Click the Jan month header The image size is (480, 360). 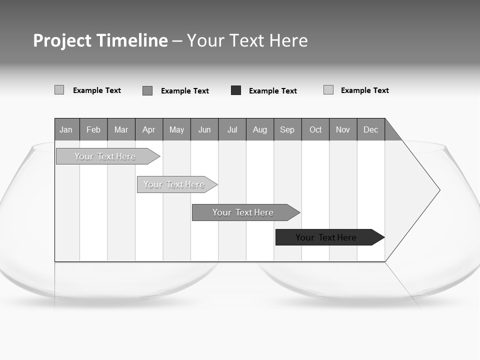pos(66,129)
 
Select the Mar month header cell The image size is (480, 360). pos(121,129)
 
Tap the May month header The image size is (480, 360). pos(176,129)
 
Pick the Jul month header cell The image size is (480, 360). pos(232,129)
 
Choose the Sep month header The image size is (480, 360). pos(287,129)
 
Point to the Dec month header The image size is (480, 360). pos(370,129)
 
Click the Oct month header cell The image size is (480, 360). pos(315,129)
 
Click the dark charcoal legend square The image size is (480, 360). pos(236,90)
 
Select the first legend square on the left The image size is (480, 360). pos(59,90)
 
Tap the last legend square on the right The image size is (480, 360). pos(328,90)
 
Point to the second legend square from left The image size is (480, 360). pos(147,90)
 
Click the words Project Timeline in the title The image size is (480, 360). pos(100,40)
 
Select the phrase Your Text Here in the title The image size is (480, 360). pos(247,40)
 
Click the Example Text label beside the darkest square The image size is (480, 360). pos(273,91)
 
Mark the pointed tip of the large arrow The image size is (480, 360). pos(439,190)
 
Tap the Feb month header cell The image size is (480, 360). pos(93,129)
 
